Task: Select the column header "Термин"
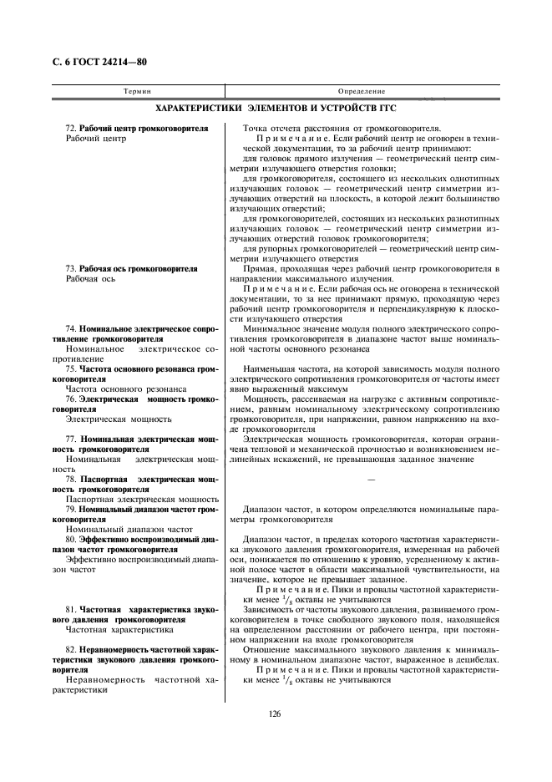click(136, 90)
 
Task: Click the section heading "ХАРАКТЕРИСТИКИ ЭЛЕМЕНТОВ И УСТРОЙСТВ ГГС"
click(276, 109)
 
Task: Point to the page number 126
click(275, 713)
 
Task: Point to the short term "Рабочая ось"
click(90, 279)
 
